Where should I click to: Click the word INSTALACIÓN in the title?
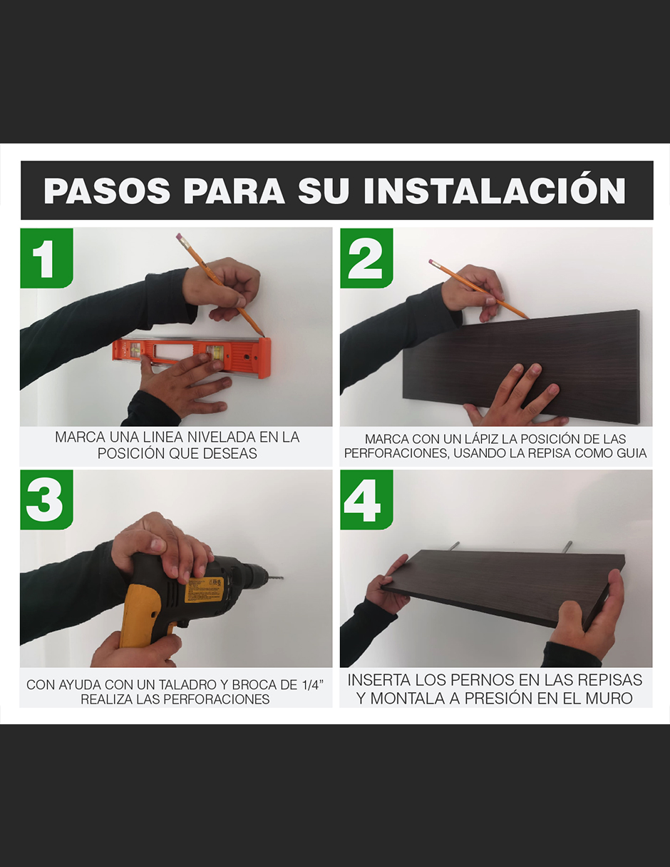coord(494,191)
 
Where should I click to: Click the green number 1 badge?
coord(46,258)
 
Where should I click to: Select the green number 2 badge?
coord(366,258)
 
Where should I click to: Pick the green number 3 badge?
coord(46,499)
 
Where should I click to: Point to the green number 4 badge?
coord(366,499)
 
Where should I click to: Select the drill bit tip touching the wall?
coord(280,577)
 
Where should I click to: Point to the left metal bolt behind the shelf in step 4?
coord(454,546)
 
